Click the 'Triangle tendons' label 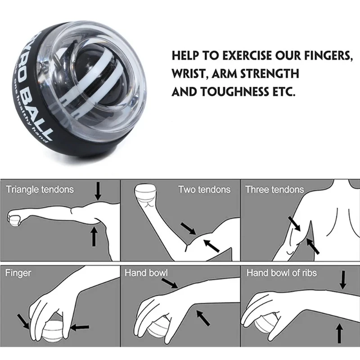(40, 189)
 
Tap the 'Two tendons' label (204, 189)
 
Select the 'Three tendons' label (274, 189)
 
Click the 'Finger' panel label (18, 273)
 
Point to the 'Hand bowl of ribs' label (281, 273)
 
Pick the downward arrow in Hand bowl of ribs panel (343, 280)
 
